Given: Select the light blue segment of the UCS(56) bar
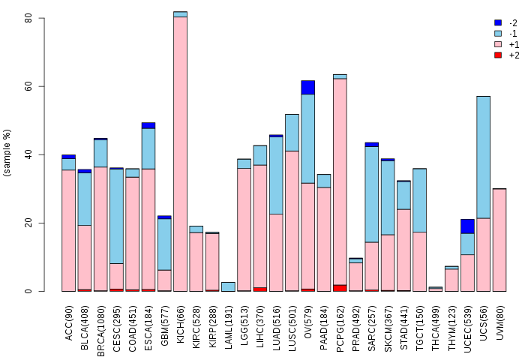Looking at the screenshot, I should (x=483, y=157).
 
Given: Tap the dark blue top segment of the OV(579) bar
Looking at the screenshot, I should (x=307, y=87).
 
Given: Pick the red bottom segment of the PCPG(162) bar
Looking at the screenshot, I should (x=340, y=288).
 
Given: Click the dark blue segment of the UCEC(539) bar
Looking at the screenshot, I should (x=467, y=226).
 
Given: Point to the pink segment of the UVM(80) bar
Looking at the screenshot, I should (x=499, y=240).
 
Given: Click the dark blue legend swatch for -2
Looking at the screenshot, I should (x=497, y=23).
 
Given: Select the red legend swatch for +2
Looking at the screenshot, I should (x=497, y=55).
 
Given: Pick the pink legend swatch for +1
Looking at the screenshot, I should (x=497, y=44).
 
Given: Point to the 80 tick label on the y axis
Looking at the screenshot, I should (x=28, y=18).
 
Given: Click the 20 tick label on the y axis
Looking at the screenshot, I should (x=28, y=223).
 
